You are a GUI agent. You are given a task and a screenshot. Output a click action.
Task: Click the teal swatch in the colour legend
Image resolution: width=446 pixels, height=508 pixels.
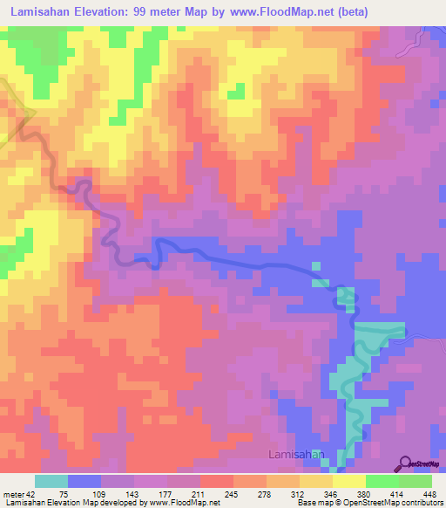(x=51, y=482)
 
